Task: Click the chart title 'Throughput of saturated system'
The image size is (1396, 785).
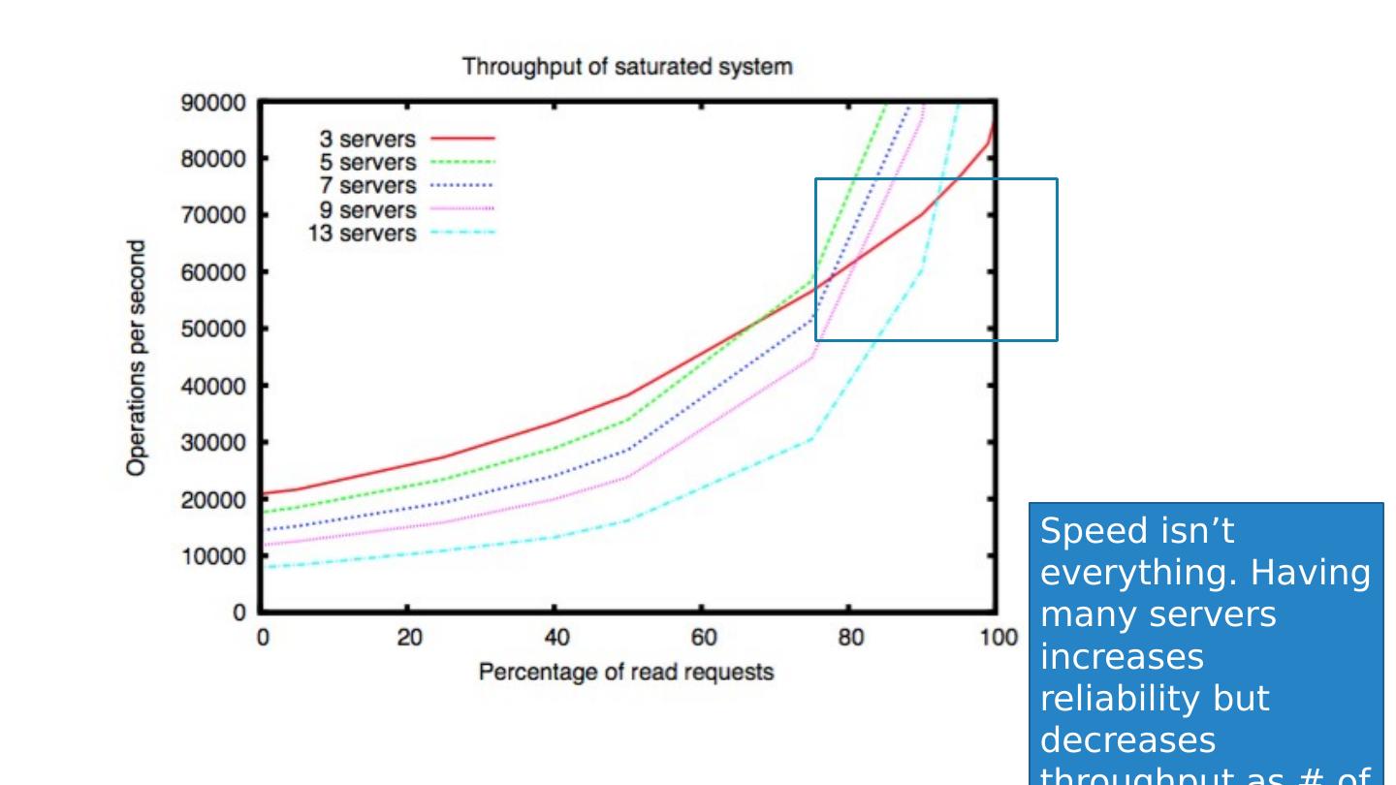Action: pyautogui.click(x=626, y=67)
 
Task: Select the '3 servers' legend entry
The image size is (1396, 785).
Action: pyautogui.click(x=367, y=140)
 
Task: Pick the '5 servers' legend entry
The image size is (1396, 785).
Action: pyautogui.click(x=367, y=163)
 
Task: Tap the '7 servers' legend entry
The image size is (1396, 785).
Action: pyautogui.click(x=367, y=186)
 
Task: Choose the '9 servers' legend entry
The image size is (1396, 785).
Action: pyautogui.click(x=367, y=210)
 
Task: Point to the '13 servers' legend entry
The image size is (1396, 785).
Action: pyautogui.click(x=362, y=234)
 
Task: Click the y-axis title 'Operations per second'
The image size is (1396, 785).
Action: pyautogui.click(x=138, y=359)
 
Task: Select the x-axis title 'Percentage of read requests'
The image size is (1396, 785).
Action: pyautogui.click(x=626, y=672)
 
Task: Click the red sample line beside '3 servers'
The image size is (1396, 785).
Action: pyautogui.click(x=461, y=140)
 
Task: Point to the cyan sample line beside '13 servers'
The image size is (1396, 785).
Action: pyautogui.click(x=461, y=234)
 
